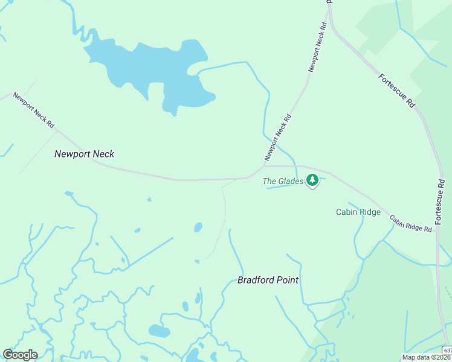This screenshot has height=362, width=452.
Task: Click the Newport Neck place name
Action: [x=84, y=154]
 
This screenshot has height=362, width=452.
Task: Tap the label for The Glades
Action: [x=282, y=180]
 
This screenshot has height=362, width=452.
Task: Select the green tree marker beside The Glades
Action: [x=312, y=180]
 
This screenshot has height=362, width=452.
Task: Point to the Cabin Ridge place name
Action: [x=358, y=212]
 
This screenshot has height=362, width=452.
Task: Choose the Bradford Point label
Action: [x=268, y=280]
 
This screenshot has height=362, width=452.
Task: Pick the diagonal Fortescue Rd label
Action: [x=397, y=91]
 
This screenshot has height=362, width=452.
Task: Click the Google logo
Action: [x=20, y=355]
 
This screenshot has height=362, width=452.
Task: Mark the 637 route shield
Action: [x=447, y=350]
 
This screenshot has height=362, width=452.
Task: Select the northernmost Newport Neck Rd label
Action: [x=318, y=48]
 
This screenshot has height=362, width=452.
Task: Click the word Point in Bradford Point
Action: [x=287, y=280]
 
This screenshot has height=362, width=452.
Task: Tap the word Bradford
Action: [x=256, y=280]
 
